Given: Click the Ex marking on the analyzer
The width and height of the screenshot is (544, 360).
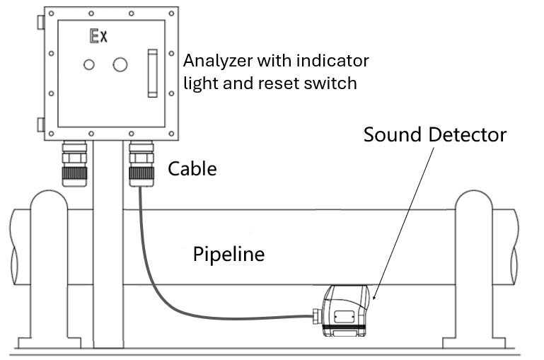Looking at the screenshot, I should (98, 36).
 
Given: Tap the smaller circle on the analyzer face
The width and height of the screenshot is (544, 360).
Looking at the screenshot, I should (88, 64).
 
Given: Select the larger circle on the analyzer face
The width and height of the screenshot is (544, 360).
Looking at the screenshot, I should (120, 64).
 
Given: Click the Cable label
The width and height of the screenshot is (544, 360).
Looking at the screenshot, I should (192, 169).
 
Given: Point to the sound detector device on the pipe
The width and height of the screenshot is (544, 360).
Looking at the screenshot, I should (345, 310).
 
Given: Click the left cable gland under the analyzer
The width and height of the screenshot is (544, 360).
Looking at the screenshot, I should (74, 165).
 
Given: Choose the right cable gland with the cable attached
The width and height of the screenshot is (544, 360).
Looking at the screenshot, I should (141, 165).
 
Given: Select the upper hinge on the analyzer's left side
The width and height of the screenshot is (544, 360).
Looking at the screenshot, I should (40, 22).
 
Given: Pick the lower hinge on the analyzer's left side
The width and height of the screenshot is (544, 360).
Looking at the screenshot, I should (40, 125).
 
